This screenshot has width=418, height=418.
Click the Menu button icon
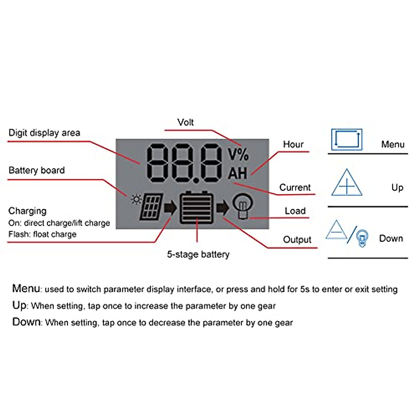click(x=347, y=140)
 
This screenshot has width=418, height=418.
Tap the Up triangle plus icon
click(x=347, y=183)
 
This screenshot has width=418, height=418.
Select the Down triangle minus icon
click(x=336, y=230)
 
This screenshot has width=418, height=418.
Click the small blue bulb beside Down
click(x=362, y=239)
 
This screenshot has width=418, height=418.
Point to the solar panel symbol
click(x=152, y=207)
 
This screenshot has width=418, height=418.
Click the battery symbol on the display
click(x=196, y=208)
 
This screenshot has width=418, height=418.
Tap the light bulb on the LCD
click(x=242, y=206)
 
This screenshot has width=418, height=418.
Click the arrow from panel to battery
click(x=170, y=208)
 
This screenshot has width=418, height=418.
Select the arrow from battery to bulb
click(x=223, y=208)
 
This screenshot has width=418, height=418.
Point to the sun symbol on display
click(x=136, y=200)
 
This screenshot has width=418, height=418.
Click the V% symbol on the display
click(x=238, y=155)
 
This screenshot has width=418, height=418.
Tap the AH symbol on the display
click(x=238, y=173)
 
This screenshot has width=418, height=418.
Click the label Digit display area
click(x=44, y=133)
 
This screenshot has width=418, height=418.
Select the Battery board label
click(x=37, y=170)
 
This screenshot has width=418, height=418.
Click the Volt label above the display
click(x=185, y=122)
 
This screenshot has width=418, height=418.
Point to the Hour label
click(x=293, y=144)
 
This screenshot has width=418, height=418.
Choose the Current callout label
click(x=295, y=187)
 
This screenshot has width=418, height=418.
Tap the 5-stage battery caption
click(x=198, y=255)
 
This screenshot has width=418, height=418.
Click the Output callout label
click(x=297, y=240)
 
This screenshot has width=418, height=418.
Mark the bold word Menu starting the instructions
click(x=26, y=288)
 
